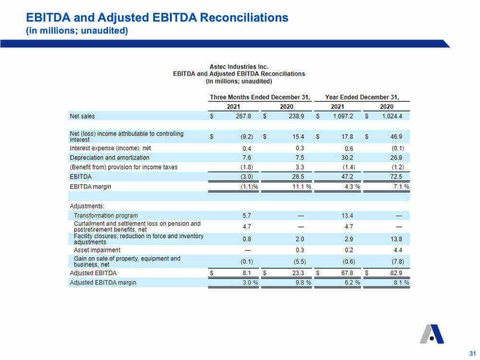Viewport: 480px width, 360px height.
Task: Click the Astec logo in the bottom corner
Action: point(432,334)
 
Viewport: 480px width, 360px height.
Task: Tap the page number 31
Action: point(472,353)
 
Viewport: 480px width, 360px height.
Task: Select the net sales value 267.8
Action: point(243,116)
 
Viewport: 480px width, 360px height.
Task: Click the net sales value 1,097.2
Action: point(343,116)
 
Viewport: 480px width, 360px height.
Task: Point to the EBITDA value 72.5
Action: point(396,177)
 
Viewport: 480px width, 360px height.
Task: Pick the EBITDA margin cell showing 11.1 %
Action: point(301,186)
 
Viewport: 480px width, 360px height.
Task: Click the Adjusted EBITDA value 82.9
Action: point(396,273)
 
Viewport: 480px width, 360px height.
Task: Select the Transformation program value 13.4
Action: point(347,216)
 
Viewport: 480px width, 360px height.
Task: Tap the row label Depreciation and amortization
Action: point(109,157)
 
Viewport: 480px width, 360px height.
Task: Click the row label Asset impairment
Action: point(97,250)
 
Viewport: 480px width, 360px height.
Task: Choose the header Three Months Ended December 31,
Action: point(260,97)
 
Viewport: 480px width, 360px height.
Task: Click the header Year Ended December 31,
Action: point(362,97)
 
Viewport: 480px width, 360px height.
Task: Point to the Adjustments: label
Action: point(87,206)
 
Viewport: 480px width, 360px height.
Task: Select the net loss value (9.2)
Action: point(247,136)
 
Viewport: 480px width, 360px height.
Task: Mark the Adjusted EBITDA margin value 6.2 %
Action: point(352,283)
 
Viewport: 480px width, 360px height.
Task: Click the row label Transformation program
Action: point(106,216)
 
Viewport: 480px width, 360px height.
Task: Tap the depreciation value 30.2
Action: point(347,157)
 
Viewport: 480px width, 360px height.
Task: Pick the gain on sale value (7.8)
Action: point(397,262)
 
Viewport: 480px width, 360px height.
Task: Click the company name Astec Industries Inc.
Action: point(239,67)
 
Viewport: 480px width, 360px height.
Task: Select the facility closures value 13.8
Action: point(396,239)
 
